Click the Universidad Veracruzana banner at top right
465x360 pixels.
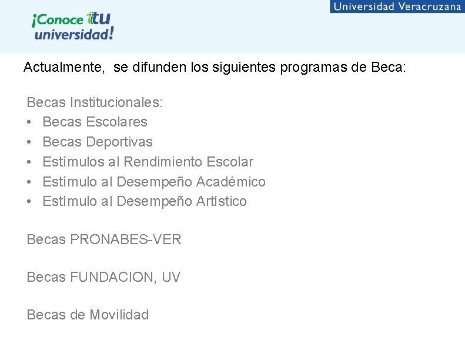397,6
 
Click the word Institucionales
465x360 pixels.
116,102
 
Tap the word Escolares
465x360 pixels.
116,122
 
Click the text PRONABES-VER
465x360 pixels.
126,239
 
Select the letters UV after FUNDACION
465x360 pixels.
170,277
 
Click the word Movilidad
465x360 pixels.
119,315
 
